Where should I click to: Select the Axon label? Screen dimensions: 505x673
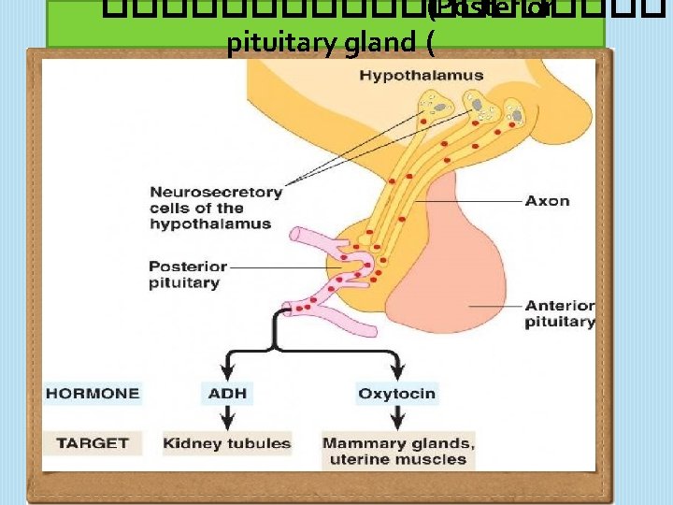(547, 200)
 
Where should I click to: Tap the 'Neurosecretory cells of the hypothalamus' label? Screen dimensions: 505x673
(216, 208)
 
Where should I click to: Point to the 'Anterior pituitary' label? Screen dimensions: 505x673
(559, 313)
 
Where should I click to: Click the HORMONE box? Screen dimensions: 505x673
(93, 394)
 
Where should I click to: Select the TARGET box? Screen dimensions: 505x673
(92, 442)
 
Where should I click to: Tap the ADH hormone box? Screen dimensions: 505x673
(226, 394)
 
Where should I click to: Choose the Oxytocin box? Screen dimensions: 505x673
(396, 394)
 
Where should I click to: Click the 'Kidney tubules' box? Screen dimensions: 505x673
(227, 443)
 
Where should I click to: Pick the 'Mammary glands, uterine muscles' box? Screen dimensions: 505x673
(398, 451)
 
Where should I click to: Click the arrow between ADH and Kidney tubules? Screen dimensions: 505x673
(226, 419)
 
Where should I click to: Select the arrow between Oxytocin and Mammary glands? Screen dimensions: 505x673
(397, 419)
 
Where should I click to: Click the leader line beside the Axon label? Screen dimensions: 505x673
(467, 200)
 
